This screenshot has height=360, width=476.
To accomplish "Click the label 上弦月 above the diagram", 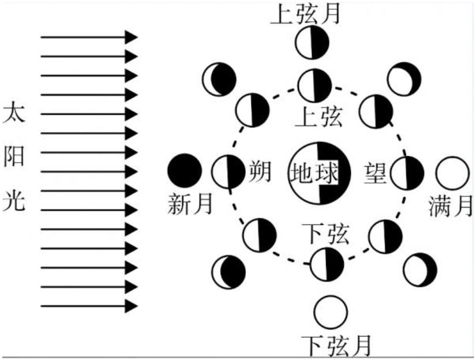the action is pyautogui.click(x=305, y=14).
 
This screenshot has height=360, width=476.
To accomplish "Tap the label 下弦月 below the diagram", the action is pyautogui.click(x=336, y=346).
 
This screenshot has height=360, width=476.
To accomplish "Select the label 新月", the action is pyautogui.click(x=190, y=204).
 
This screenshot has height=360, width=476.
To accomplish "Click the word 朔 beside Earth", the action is pyautogui.click(x=260, y=172).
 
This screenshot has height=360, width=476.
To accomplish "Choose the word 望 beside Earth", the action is pyautogui.click(x=376, y=173).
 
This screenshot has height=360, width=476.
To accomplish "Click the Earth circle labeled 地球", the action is pyautogui.click(x=319, y=173).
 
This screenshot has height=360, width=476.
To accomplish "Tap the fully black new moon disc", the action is pyautogui.click(x=185, y=170).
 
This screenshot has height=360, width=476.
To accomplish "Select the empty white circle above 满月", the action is pyautogui.click(x=452, y=173).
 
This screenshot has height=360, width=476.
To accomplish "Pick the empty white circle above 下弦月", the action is pyautogui.click(x=331, y=312).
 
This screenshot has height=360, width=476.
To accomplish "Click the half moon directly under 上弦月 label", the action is pyautogui.click(x=312, y=43).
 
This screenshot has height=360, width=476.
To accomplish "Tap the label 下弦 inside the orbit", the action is pyautogui.click(x=325, y=234).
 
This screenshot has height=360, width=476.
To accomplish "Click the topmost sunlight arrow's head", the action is pyautogui.click(x=131, y=37).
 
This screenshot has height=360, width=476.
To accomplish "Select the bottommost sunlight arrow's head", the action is pyautogui.click(x=131, y=306).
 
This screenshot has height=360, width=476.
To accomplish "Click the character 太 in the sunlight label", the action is pyautogui.click(x=14, y=113).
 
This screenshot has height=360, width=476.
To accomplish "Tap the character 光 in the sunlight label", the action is pyautogui.click(x=14, y=201).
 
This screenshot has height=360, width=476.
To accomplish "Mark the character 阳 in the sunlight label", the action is pyautogui.click(x=14, y=157).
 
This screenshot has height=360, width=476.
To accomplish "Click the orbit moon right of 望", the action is pyautogui.click(x=407, y=173).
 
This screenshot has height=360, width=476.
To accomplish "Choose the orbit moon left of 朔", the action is pyautogui.click(x=228, y=172).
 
